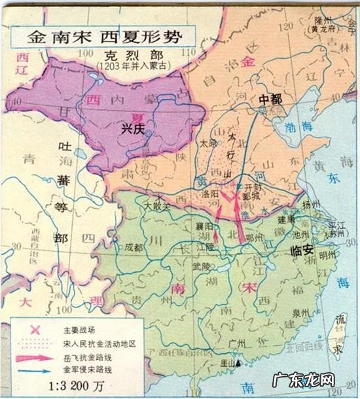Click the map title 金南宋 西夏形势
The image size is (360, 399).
tap(101, 35)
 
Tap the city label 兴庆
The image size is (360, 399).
tap(133, 128)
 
